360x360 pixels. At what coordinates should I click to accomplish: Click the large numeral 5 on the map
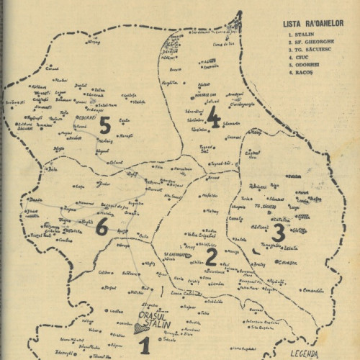coord(104,126)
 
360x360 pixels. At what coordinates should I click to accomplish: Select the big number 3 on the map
coord(279,232)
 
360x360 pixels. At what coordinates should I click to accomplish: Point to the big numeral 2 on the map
coord(211,256)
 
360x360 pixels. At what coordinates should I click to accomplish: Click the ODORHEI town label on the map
coord(86,114)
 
